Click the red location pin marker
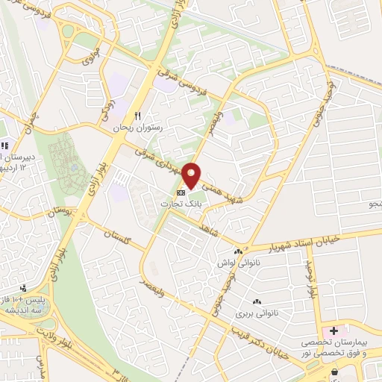[x=192, y=176]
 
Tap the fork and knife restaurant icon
[x=137, y=116]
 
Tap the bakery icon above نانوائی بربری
[x=257, y=301]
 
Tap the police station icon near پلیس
[x=24, y=287]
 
